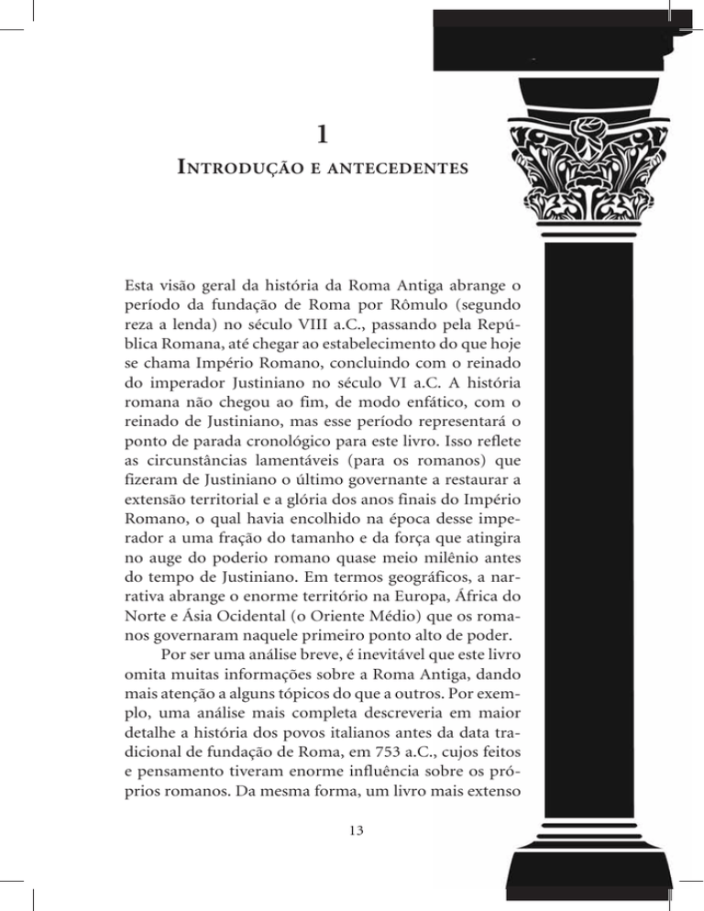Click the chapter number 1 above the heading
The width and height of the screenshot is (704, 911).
318,135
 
